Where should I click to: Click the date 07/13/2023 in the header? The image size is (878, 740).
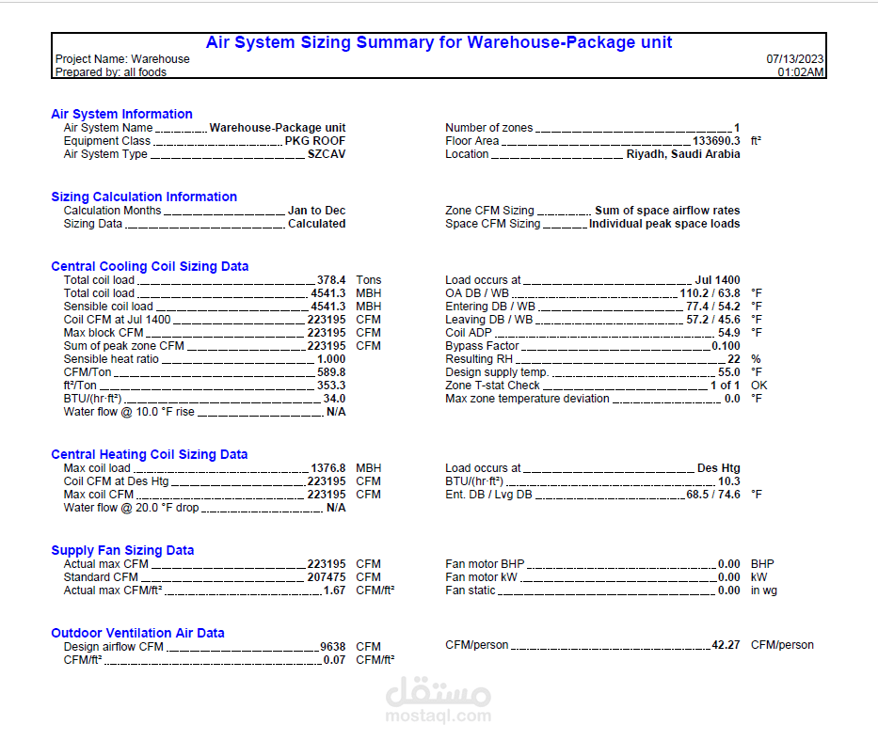tap(796, 58)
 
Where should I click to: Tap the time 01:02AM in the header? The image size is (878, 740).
tap(801, 71)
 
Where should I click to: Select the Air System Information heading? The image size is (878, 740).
tap(121, 114)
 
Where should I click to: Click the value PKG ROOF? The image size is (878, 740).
tap(315, 141)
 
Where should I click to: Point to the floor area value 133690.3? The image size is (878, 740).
tap(710, 141)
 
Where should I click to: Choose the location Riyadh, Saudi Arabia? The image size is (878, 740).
tap(683, 154)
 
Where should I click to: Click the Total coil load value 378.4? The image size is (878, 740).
tap(331, 280)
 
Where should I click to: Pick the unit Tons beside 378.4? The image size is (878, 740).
tap(369, 280)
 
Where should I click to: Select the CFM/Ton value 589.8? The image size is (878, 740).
tap(331, 372)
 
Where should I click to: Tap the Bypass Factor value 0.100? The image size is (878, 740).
tap(726, 346)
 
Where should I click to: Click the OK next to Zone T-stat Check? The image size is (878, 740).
tap(759, 386)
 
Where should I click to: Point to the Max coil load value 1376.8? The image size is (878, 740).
tap(328, 468)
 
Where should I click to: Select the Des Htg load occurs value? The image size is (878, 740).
tap(718, 468)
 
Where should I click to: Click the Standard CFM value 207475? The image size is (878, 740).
tap(327, 577)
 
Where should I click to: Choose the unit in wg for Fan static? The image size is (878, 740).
tap(764, 590)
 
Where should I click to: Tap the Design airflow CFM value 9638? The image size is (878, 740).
tap(333, 647)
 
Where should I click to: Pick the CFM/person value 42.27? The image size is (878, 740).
tap(726, 645)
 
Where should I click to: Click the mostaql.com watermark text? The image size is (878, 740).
tap(438, 715)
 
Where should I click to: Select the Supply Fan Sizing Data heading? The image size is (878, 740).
tap(122, 550)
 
